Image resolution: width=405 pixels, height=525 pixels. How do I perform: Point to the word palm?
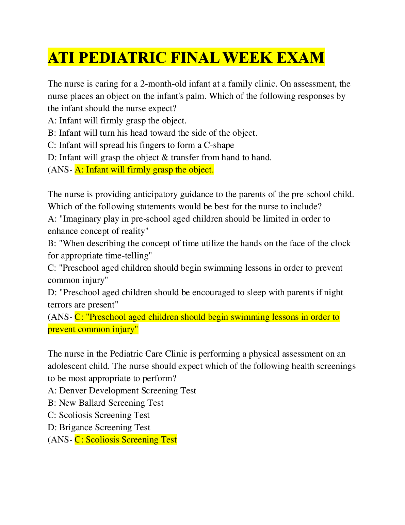(196, 96)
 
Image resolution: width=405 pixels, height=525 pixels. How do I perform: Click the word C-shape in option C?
(219, 145)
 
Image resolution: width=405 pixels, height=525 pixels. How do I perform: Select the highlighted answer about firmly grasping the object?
(144, 170)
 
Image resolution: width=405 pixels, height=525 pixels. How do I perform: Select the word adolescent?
(67, 366)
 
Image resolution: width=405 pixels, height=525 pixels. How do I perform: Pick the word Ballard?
(92, 403)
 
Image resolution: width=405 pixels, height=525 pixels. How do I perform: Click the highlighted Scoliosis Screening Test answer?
(126, 440)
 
